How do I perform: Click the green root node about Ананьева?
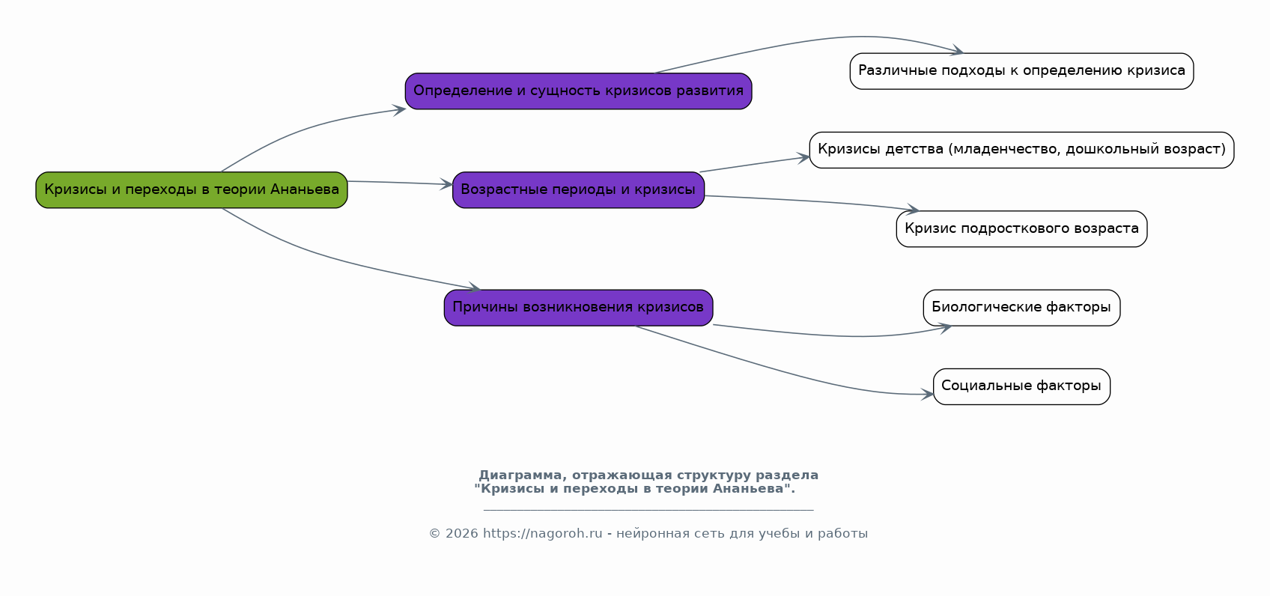coord(191,190)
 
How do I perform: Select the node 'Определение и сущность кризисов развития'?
coord(578,91)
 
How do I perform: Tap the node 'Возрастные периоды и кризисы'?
coord(578,190)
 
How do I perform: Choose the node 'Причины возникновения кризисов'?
coord(578,308)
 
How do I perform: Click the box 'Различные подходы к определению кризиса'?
coord(1021,71)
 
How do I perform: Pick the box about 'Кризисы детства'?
coord(1021,150)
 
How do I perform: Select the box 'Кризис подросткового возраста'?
coord(1021,229)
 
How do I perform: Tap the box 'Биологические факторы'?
coord(1021,308)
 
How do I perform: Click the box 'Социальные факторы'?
coord(1021,386)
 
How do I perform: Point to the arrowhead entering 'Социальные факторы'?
coord(929,394)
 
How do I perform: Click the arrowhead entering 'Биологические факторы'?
coord(947,327)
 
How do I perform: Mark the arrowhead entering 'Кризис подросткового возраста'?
coord(914,210)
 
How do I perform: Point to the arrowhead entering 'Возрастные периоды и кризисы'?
coord(448,184)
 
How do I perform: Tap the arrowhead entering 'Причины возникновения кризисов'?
coord(475,288)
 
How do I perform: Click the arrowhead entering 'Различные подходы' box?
coord(958,52)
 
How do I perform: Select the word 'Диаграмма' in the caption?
coord(520,475)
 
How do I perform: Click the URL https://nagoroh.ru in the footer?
coord(542,534)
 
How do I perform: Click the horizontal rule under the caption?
coord(648,510)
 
